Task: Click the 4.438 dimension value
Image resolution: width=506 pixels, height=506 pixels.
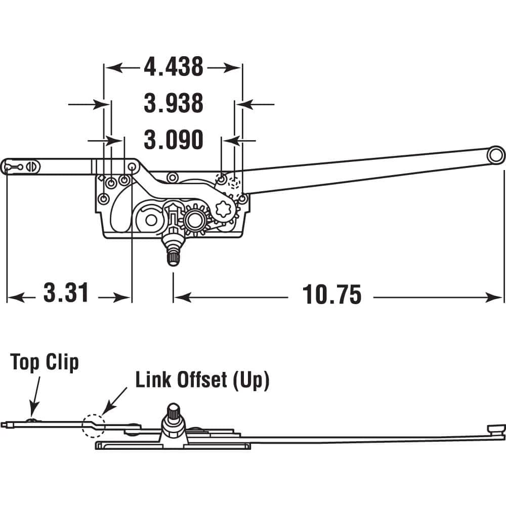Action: (173, 67)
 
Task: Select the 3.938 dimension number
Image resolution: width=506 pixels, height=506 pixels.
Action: (173, 104)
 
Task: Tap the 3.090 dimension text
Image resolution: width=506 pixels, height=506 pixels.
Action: (173, 140)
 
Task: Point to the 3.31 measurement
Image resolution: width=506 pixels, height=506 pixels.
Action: (66, 293)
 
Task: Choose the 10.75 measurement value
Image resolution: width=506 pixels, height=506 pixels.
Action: (332, 294)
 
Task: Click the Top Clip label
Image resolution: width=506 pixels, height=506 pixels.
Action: (45, 362)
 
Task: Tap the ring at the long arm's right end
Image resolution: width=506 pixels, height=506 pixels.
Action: (495, 155)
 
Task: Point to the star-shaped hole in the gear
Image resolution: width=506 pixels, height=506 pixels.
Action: (224, 208)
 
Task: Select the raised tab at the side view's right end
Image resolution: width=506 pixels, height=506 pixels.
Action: (495, 429)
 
